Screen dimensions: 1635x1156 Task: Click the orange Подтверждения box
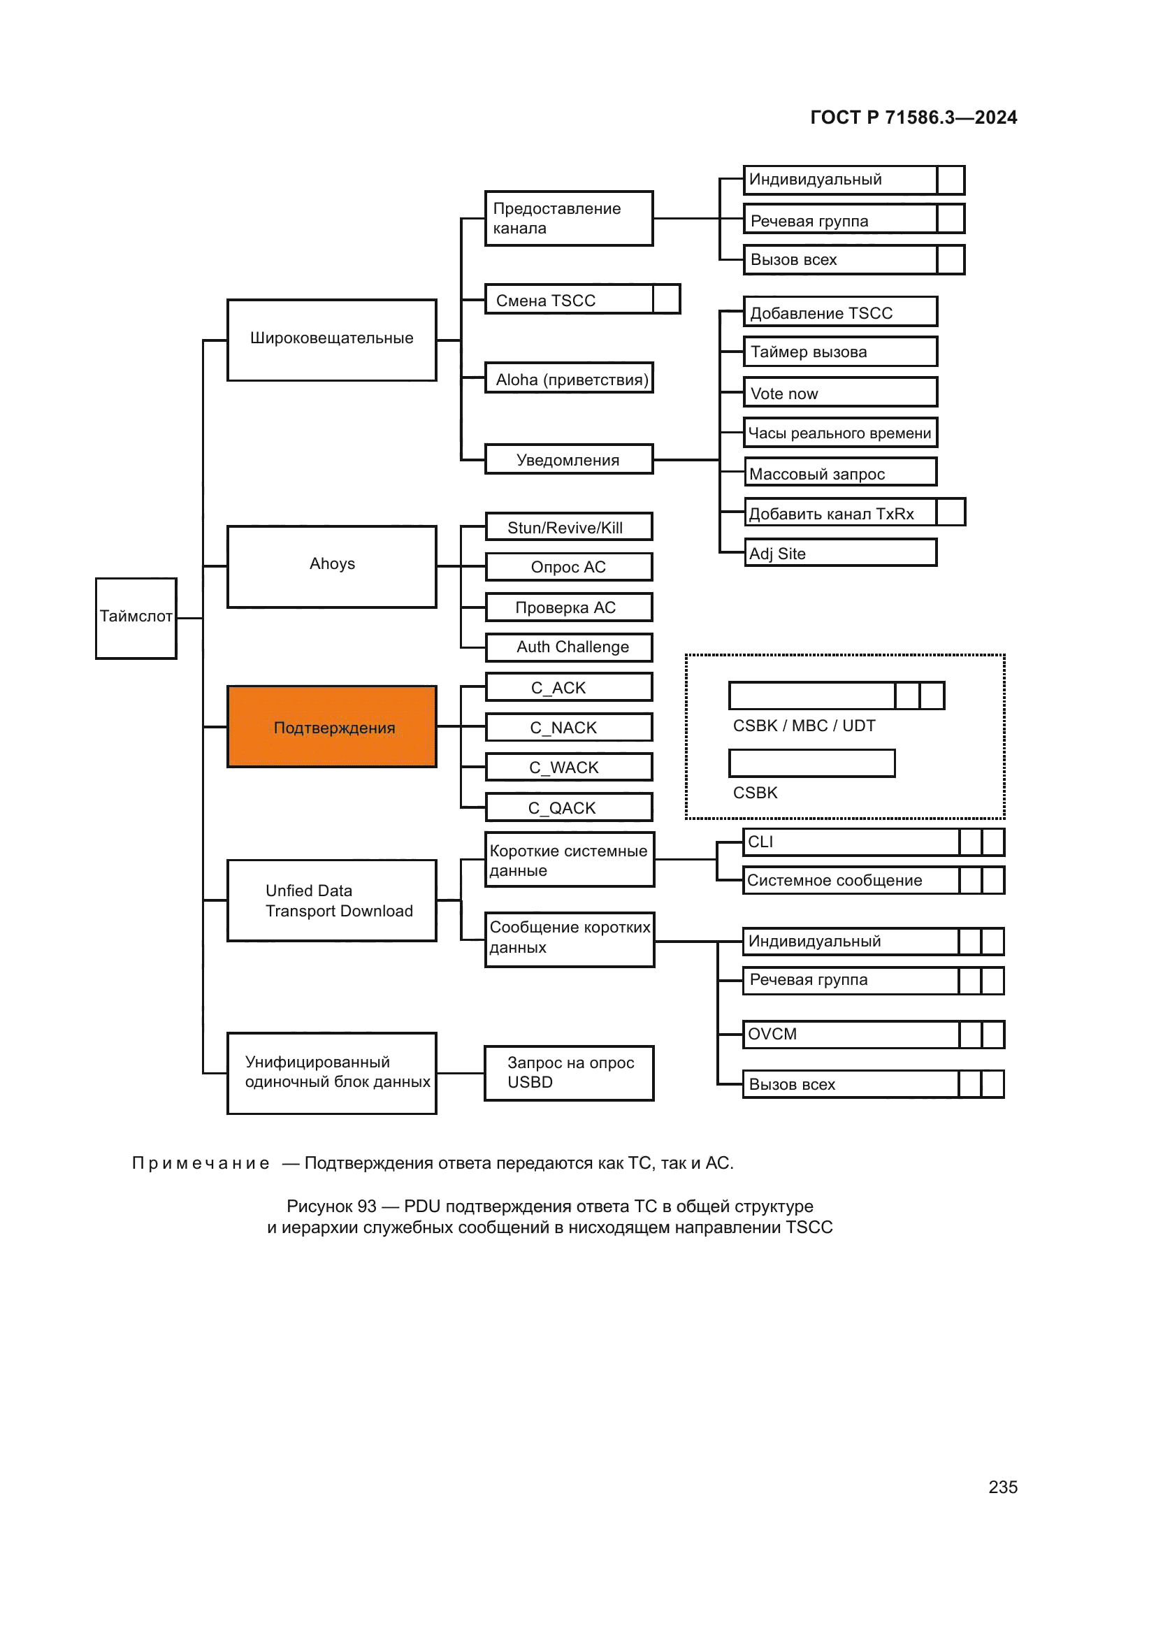(x=332, y=726)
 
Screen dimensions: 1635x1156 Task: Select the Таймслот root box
(x=136, y=617)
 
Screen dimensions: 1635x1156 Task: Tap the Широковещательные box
(x=332, y=340)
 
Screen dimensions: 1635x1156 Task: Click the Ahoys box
(x=332, y=566)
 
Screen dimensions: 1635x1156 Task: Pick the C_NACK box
(x=569, y=727)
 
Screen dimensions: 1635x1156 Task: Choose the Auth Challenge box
(x=569, y=647)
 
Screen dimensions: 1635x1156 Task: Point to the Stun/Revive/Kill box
(x=569, y=527)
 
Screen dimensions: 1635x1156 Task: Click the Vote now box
(x=840, y=392)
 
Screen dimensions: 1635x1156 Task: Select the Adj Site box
(x=840, y=553)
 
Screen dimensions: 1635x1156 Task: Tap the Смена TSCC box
(x=570, y=299)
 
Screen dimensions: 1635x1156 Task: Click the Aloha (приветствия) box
(x=569, y=378)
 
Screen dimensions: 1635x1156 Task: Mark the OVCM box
(x=851, y=1034)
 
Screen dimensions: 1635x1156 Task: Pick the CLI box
(x=851, y=842)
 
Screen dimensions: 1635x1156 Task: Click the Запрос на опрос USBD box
(x=569, y=1072)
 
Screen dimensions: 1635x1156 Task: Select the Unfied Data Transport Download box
(x=332, y=900)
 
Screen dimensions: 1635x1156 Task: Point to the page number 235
(x=1002, y=1486)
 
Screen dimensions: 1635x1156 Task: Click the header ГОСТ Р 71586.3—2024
(x=913, y=117)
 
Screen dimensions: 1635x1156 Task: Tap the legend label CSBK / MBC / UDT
(x=804, y=726)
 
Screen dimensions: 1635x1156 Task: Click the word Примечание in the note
(x=201, y=1163)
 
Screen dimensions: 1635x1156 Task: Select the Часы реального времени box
(x=840, y=432)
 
